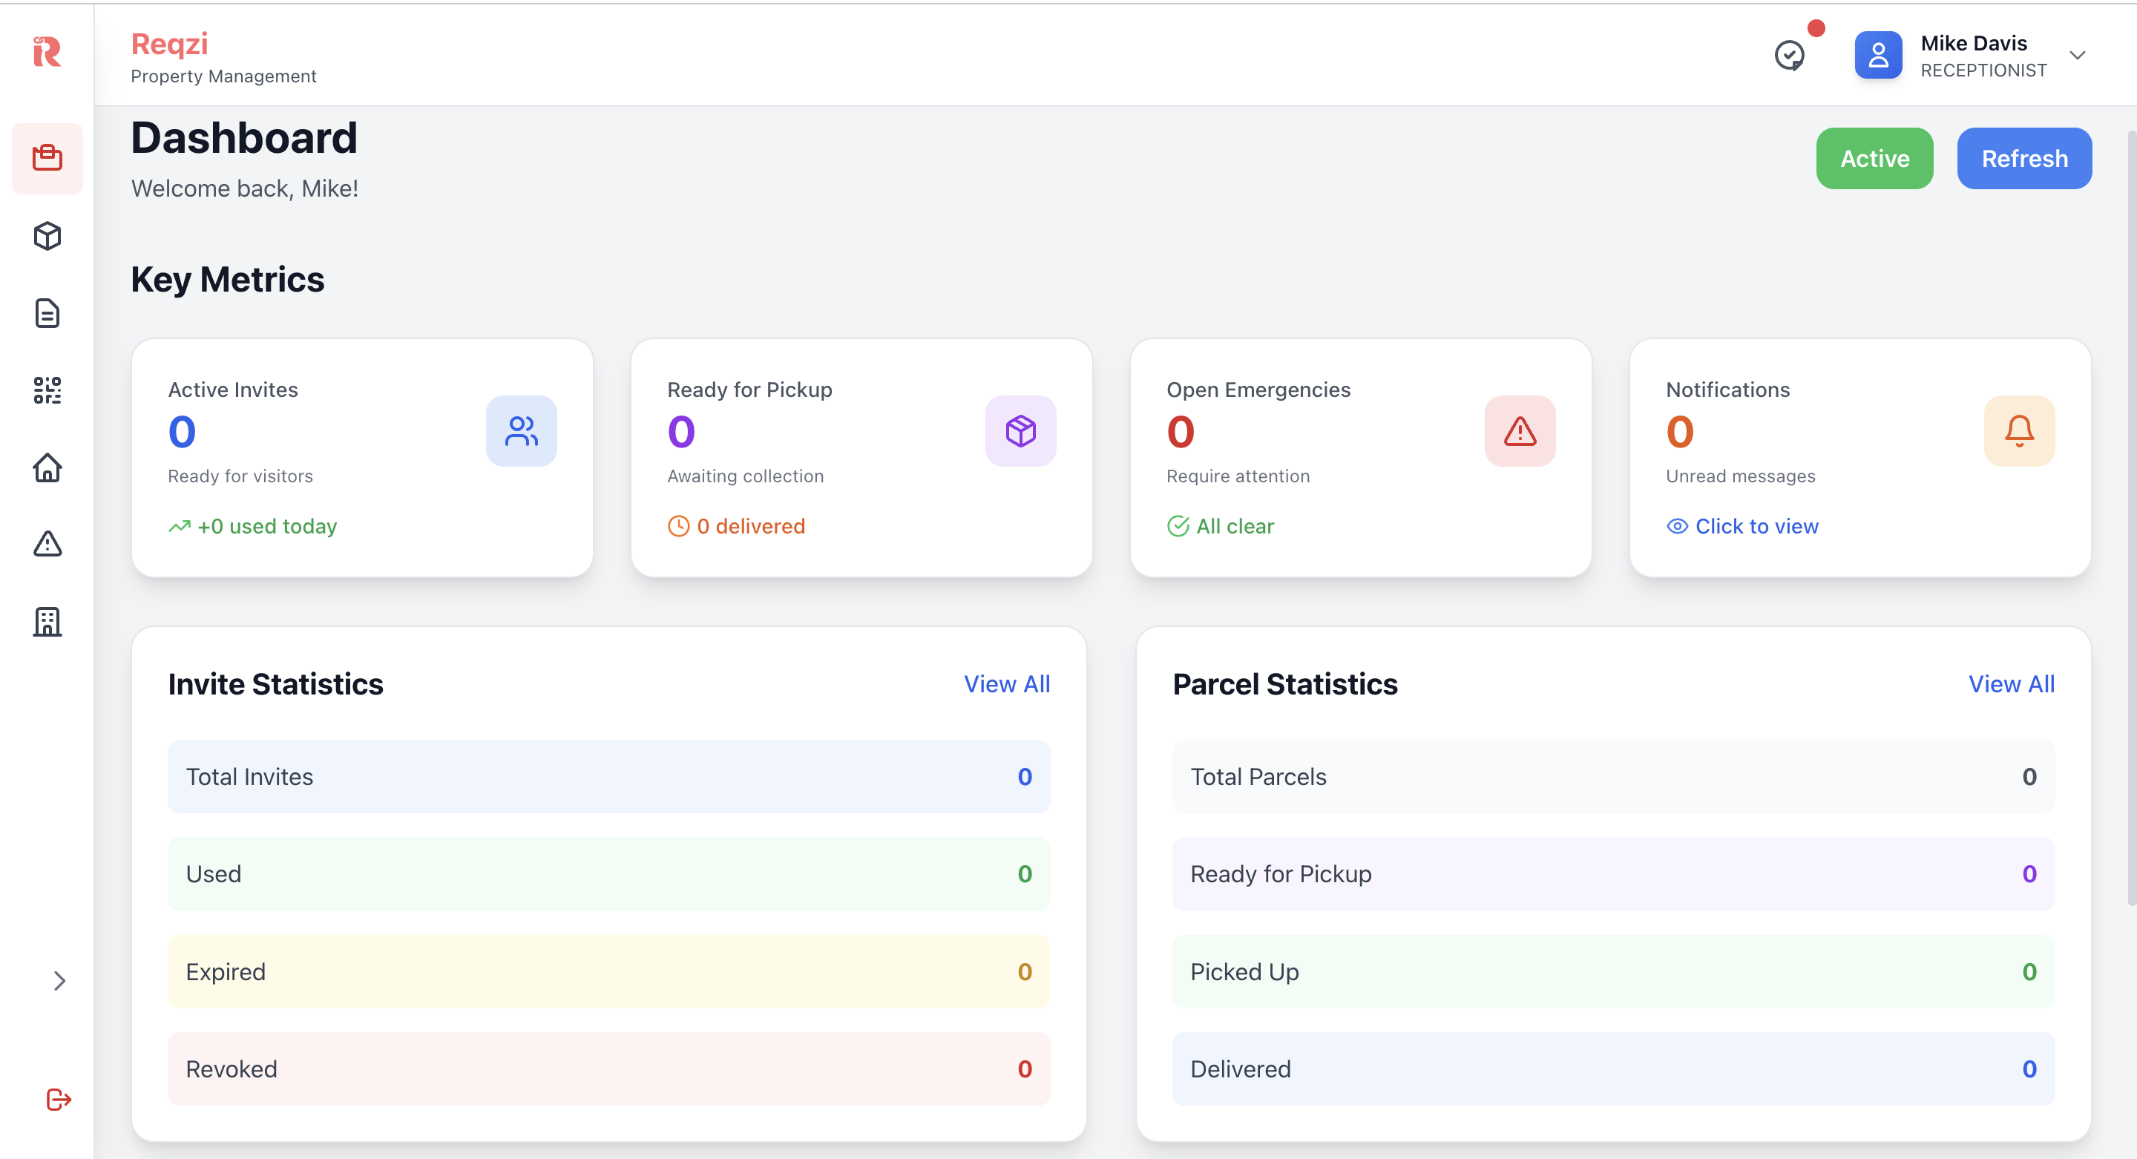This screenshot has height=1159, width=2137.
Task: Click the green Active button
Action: point(1874,159)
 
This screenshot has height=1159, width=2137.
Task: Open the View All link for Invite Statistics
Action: point(1006,683)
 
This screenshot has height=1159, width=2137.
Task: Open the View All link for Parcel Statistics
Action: point(2011,683)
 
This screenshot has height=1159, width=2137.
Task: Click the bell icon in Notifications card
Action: point(2018,430)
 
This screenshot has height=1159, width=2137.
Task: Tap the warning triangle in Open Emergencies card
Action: point(1519,430)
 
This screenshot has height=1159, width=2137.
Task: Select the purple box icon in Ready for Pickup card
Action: point(1020,430)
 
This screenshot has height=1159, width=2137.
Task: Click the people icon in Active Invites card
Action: point(521,430)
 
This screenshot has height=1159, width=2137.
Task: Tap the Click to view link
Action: point(1756,526)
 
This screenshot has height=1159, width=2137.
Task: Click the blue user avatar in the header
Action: point(1877,56)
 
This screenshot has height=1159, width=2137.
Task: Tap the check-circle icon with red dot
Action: point(1790,56)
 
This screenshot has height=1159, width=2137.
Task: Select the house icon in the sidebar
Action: point(47,468)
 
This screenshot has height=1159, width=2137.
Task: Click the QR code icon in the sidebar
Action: point(47,390)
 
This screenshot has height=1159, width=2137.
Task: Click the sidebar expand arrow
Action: point(59,981)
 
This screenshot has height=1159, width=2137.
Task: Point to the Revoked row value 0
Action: point(1024,1068)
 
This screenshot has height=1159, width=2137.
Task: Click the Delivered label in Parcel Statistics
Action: point(1239,1068)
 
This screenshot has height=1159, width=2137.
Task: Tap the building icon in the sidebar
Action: point(47,621)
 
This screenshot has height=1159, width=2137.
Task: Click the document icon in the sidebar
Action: point(47,314)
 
